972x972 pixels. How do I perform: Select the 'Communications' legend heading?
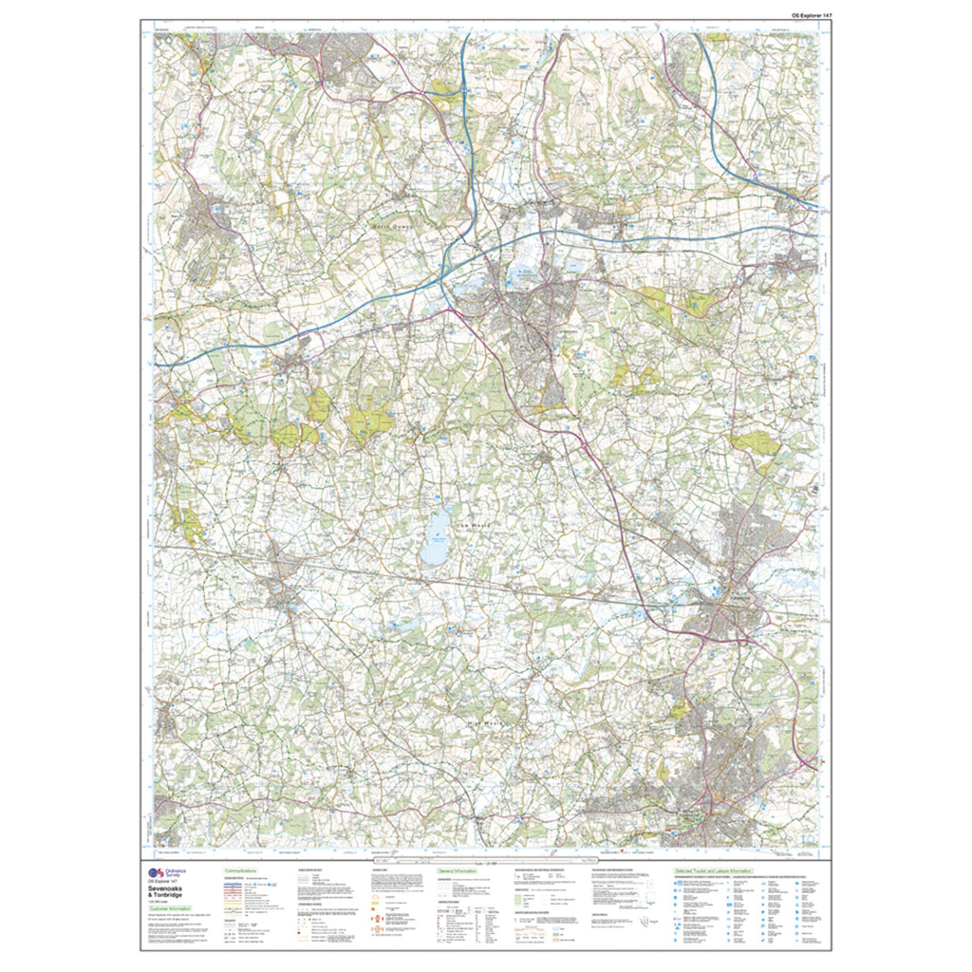coord(242,869)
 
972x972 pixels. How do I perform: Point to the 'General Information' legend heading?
coord(457,869)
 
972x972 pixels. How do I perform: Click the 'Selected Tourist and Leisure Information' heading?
coord(712,869)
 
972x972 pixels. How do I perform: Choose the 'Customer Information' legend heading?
coord(170,908)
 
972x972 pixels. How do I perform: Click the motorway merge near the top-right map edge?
coord(795,200)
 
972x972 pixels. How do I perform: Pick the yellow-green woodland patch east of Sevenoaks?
coord(655,304)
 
